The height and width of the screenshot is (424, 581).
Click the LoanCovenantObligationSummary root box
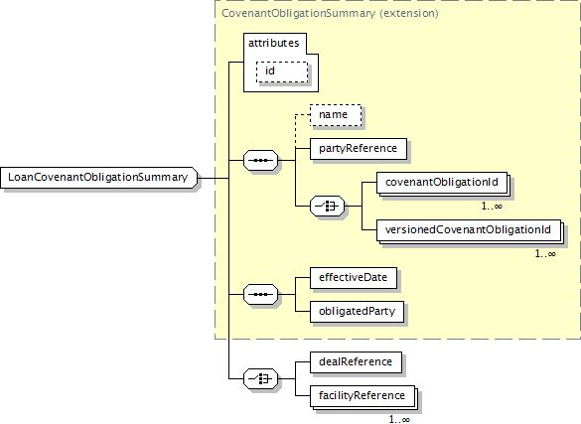click(x=99, y=178)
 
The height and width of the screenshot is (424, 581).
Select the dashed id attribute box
click(x=282, y=71)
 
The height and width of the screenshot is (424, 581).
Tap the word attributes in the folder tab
click(x=273, y=43)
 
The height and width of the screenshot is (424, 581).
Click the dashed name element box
click(x=336, y=115)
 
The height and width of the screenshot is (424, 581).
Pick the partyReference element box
click(x=359, y=149)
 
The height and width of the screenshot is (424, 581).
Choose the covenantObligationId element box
click(x=442, y=182)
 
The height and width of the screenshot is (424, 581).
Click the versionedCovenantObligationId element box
click(x=469, y=230)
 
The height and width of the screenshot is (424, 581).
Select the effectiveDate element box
click(x=354, y=278)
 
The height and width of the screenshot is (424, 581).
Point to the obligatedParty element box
click(x=357, y=312)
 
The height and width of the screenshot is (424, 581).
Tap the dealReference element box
click(x=356, y=362)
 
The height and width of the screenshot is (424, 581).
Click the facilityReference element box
click(x=363, y=396)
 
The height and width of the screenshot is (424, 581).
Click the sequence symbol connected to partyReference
click(x=260, y=160)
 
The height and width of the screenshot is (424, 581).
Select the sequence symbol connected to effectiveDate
click(x=260, y=294)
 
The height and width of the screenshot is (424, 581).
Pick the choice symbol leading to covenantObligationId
click(x=327, y=206)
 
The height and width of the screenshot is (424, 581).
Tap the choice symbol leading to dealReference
click(x=260, y=379)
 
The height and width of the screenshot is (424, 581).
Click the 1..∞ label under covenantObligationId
click(x=492, y=206)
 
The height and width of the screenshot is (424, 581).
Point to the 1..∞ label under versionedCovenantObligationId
click(x=545, y=253)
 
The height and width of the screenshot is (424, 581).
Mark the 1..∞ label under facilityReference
click(x=399, y=420)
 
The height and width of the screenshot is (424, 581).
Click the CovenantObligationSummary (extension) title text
click(x=330, y=13)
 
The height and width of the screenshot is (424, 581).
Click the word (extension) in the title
click(x=409, y=13)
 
